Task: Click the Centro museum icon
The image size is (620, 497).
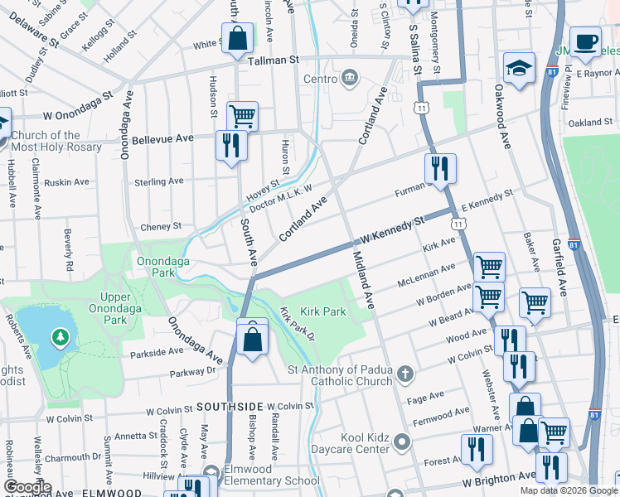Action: pos(348,79)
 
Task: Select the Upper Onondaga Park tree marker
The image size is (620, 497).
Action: pos(60,338)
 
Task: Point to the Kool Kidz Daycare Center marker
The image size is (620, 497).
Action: pos(402,442)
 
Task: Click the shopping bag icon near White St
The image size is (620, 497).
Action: pos(237,37)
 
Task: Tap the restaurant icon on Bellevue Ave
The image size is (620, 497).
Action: pos(230,145)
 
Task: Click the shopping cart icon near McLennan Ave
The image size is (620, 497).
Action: pos(489,267)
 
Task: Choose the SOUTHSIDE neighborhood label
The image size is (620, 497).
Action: pos(230,407)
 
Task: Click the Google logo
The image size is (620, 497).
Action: pos(27,487)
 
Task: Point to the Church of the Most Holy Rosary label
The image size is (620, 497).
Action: pos(57,142)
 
